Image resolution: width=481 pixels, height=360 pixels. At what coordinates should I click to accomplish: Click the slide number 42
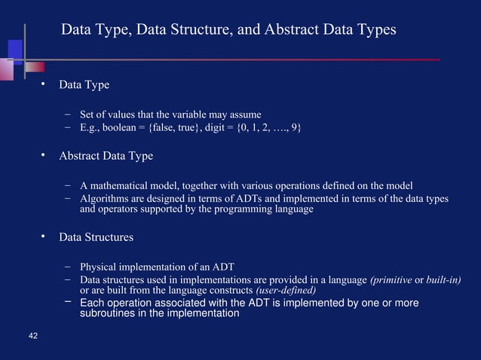pos(32,335)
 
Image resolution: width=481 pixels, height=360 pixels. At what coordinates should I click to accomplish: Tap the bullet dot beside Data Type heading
pos(44,84)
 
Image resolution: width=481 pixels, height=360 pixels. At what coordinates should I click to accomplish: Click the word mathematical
pos(120,185)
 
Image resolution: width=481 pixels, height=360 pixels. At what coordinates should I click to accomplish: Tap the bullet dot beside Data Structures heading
pos(44,236)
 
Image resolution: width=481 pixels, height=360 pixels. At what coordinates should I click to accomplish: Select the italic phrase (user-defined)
pos(286,291)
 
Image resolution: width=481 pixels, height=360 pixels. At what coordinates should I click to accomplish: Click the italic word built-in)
pos(443,280)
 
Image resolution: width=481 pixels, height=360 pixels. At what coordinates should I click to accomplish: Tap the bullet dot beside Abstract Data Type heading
pos(44,155)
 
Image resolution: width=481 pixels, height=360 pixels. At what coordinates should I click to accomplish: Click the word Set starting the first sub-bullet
pos(87,114)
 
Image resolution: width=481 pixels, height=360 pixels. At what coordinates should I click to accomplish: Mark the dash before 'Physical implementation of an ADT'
pos(68,266)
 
